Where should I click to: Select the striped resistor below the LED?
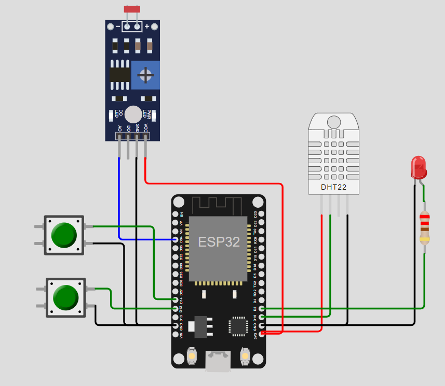[x=425, y=228]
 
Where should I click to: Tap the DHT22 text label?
[x=333, y=187]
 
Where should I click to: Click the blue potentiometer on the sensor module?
[x=145, y=75]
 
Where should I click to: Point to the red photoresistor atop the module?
[x=132, y=9]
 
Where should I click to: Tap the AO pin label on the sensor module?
[x=120, y=127]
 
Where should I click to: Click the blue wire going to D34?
[x=119, y=197]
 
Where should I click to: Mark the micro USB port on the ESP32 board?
[x=219, y=361]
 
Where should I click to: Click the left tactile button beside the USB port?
[x=192, y=357]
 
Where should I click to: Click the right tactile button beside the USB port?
[x=245, y=357]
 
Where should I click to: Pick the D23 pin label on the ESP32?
[x=255, y=214]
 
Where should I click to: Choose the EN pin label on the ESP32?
[x=181, y=214]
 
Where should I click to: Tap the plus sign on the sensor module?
[x=147, y=26]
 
